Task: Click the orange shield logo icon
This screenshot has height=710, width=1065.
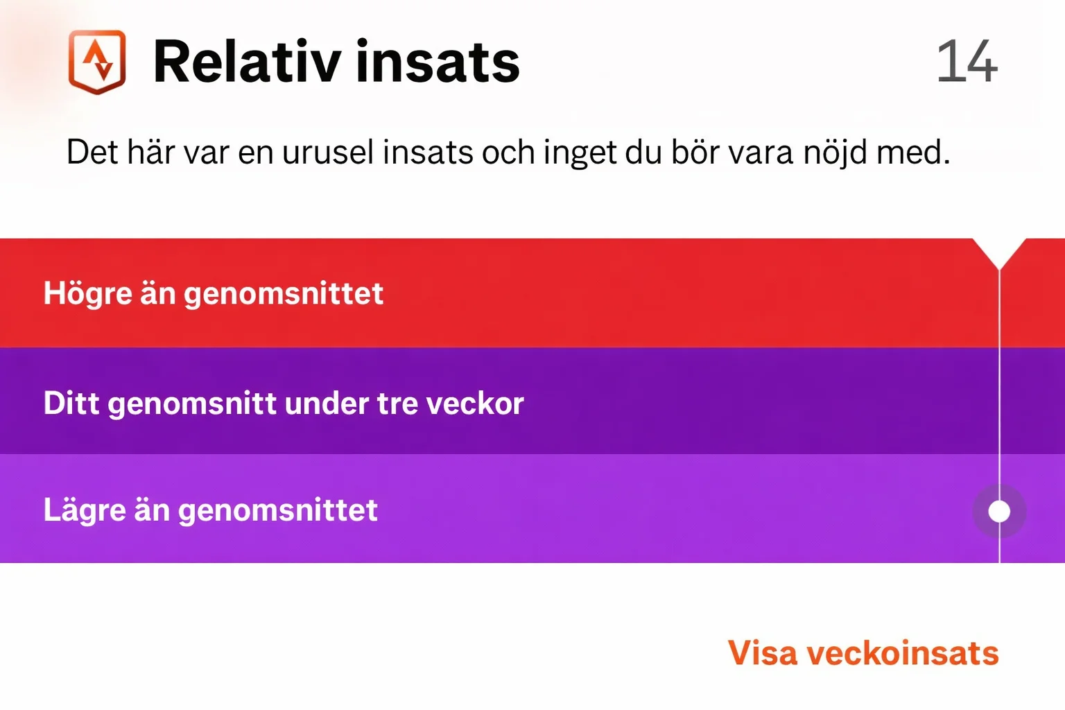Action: (x=97, y=62)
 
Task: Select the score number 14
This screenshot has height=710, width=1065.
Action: (x=967, y=61)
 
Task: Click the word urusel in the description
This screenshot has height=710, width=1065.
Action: (x=327, y=152)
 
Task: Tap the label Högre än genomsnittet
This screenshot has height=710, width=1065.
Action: (x=214, y=294)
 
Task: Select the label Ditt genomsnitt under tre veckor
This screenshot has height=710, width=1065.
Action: (x=284, y=404)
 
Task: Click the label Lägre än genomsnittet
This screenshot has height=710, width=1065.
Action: (x=211, y=510)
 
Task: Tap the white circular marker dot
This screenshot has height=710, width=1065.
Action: (x=999, y=512)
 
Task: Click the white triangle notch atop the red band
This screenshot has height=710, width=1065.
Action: (x=999, y=252)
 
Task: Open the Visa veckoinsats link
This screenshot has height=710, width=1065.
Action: (x=863, y=653)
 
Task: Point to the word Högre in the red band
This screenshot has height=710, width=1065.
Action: (x=87, y=294)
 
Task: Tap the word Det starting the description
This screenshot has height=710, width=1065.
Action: (x=92, y=152)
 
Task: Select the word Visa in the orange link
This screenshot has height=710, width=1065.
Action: (x=762, y=653)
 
